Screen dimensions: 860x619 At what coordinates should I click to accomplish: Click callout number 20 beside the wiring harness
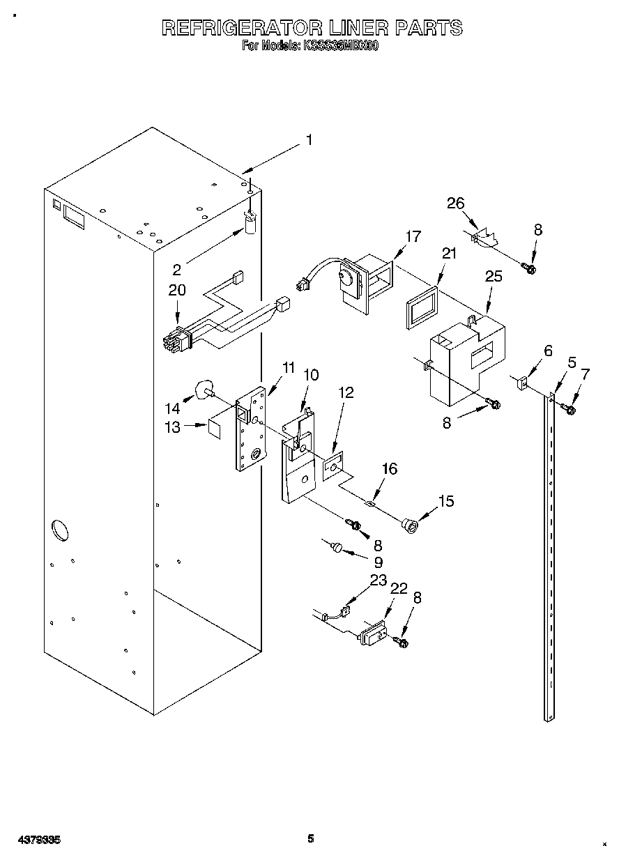(178, 290)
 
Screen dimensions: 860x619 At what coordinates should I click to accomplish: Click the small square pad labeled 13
(215, 427)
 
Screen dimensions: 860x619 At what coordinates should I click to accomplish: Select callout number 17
(413, 236)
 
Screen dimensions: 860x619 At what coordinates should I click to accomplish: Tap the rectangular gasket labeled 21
(420, 305)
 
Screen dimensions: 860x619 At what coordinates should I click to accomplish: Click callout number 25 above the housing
(493, 277)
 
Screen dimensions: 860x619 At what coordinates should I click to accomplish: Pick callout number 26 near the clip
(455, 203)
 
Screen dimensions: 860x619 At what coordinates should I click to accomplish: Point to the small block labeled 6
(521, 383)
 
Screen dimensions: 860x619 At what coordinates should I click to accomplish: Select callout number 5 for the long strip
(572, 362)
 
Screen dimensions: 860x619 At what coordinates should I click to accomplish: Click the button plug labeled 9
(337, 549)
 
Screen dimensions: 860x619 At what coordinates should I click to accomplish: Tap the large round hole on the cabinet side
(61, 529)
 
